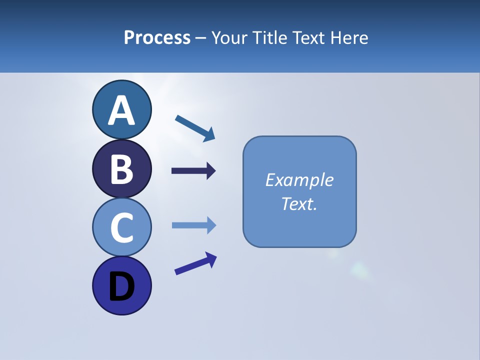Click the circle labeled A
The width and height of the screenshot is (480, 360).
121,110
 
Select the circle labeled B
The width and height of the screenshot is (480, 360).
121,168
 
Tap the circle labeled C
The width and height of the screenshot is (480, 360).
121,227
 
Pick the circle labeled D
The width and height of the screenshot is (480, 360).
121,285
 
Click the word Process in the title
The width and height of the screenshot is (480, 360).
157,37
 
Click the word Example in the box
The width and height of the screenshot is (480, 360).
299,180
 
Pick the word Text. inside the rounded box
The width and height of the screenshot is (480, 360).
299,204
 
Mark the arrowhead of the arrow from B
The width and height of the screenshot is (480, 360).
211,171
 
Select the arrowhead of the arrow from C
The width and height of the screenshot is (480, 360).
211,225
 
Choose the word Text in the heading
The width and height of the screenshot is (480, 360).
307,37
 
